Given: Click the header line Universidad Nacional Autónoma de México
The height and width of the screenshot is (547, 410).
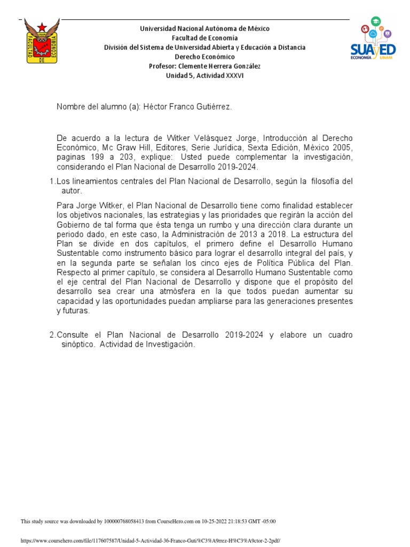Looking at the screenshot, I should tap(204, 28).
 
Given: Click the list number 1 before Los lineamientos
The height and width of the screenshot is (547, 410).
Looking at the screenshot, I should tap(51, 182).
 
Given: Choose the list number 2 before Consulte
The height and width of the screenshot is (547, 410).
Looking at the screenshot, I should tap(52, 335).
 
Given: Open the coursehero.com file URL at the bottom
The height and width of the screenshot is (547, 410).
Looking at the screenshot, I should tap(150, 541).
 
